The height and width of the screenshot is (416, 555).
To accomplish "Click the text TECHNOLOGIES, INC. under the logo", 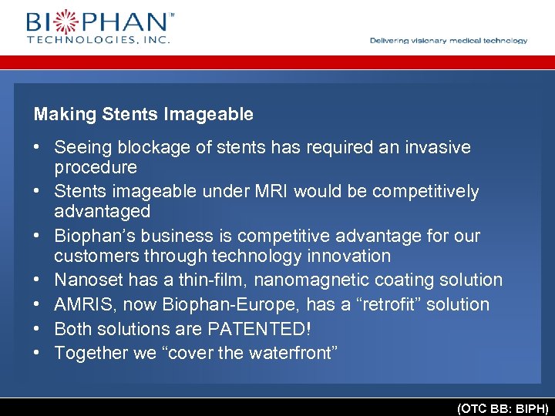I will [x=98, y=39].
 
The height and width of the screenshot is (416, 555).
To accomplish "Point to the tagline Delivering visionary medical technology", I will [x=449, y=41].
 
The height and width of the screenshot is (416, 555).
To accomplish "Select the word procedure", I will [x=96, y=167].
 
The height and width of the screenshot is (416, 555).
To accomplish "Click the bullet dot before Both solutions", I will [x=37, y=329].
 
